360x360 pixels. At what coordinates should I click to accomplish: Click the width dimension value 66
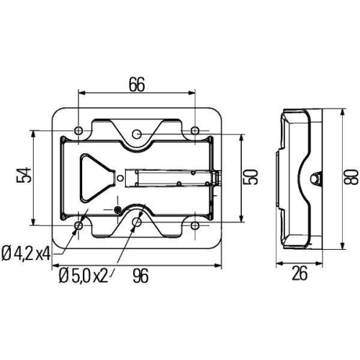coord(137,84)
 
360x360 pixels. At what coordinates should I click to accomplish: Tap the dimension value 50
coord(250,177)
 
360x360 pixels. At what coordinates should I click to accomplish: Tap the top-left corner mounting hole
coord(78,130)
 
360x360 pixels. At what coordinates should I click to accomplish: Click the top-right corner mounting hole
coord(195,130)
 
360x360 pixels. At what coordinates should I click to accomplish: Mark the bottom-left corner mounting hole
coord(78,225)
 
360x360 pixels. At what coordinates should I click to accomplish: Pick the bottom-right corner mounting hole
coord(195,225)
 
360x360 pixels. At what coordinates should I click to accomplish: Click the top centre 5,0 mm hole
coord(137,134)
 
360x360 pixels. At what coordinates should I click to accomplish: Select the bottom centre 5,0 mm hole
coord(137,222)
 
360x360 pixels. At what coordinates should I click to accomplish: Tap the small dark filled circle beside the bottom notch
coord(117,210)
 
